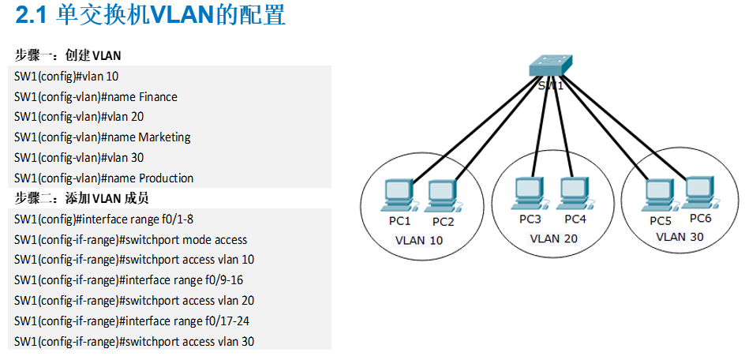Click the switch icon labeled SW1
550,66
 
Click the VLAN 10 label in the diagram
419,241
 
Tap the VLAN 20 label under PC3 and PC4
552,238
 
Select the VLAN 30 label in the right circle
679,236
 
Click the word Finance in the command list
158,97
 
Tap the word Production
166,178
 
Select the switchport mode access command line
130,239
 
